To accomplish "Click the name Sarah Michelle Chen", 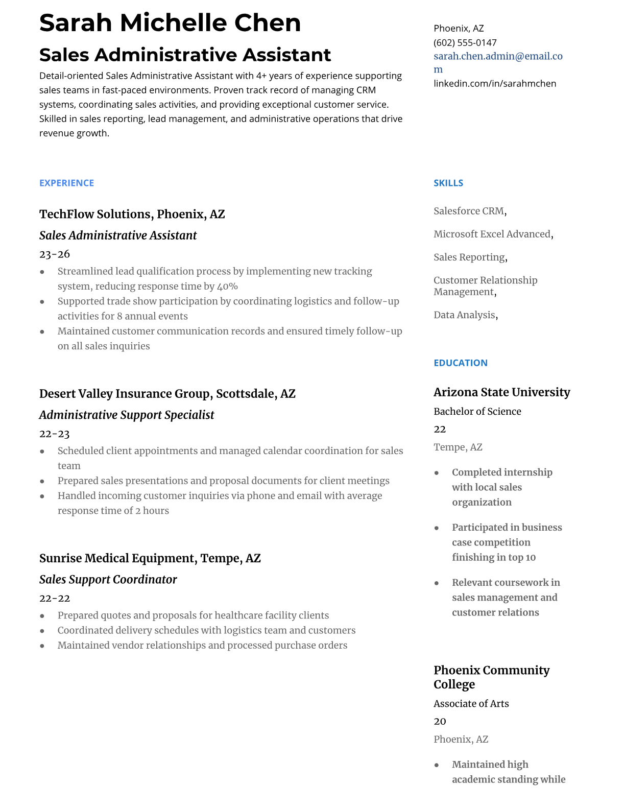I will click(170, 23).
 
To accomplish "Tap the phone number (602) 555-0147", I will click(465, 42).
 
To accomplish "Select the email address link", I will click(498, 56).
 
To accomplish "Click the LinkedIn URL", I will click(494, 83).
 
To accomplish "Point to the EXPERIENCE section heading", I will click(66, 183).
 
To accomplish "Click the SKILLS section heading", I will click(448, 183).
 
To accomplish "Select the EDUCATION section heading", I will click(460, 363).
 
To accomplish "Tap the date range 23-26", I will click(55, 254).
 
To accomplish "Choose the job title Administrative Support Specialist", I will click(127, 415).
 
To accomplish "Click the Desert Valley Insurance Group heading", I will click(167, 394).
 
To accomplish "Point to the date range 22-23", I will click(55, 434).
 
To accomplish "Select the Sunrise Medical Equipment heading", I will click(150, 558).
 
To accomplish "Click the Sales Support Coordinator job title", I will click(108, 579).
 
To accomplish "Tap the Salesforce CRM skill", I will click(469, 211).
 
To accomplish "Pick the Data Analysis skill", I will click(464, 315).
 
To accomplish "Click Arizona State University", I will click(501, 392).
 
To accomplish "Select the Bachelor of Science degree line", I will click(477, 411).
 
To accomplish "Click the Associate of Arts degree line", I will click(471, 703).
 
